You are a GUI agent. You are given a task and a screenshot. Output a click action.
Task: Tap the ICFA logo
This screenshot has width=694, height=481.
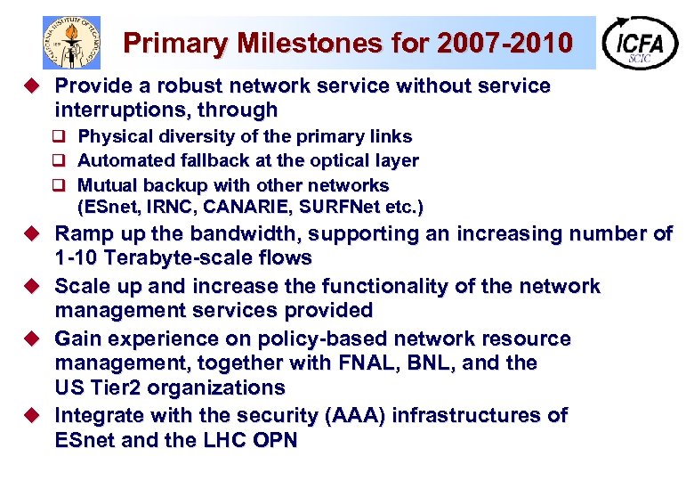(639, 42)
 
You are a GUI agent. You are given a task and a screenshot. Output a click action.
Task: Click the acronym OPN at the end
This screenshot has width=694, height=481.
(271, 440)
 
